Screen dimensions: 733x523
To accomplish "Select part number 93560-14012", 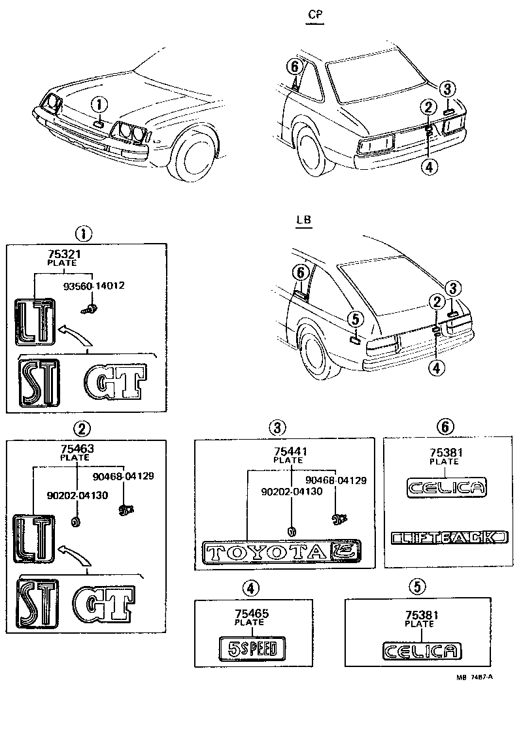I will pyautogui.click(x=94, y=285).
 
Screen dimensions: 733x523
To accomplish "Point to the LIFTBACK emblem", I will pyautogui.click(x=448, y=537).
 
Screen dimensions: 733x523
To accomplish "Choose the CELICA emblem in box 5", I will pyautogui.click(x=421, y=651).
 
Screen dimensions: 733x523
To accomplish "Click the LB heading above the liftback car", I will pyautogui.click(x=303, y=220).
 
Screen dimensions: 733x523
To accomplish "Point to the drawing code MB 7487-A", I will pyautogui.click(x=474, y=677).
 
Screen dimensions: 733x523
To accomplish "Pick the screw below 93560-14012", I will pyautogui.click(x=92, y=305).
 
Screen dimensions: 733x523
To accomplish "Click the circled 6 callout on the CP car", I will pyautogui.click(x=294, y=66).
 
